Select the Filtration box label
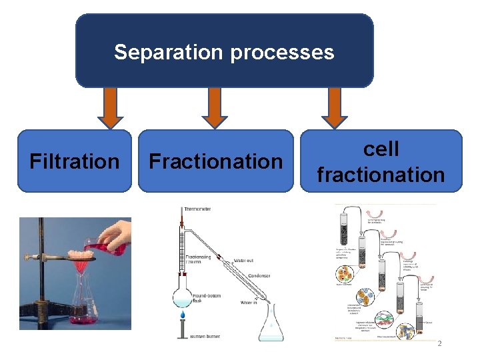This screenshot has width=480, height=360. click(x=75, y=161)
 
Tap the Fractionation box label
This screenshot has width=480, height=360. click(x=216, y=161)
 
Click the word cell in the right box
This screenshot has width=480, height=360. click(x=381, y=149)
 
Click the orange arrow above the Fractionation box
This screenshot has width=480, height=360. click(x=215, y=108)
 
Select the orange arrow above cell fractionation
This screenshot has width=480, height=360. click(x=335, y=108)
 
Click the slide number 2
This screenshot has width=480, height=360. click(x=439, y=343)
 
